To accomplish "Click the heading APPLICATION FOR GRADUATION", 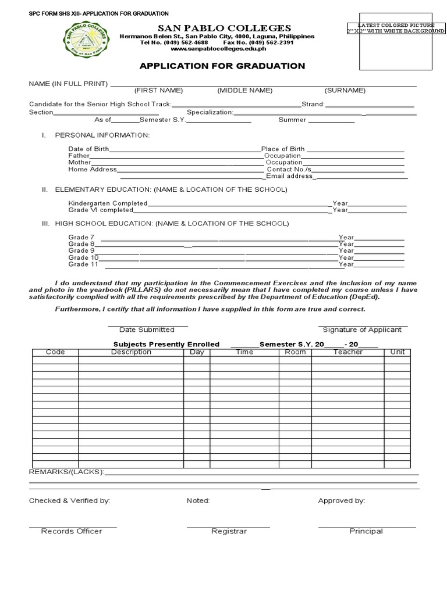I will point(222,66).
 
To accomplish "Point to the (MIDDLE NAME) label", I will point(244,91).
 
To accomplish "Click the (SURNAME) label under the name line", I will point(345,91).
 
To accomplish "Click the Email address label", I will point(289,176).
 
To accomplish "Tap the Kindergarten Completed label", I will point(108,203).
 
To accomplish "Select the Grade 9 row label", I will point(81,250).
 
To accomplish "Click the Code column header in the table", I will point(55,352).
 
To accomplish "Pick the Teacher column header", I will point(348,352).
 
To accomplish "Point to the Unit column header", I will point(398,352).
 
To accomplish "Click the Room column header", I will point(296,352).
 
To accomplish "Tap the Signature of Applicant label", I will point(362,329).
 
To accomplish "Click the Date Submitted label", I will point(147,329).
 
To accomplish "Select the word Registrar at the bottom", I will point(229,531).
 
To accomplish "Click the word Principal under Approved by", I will point(366,531).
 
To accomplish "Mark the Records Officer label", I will point(72,531).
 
